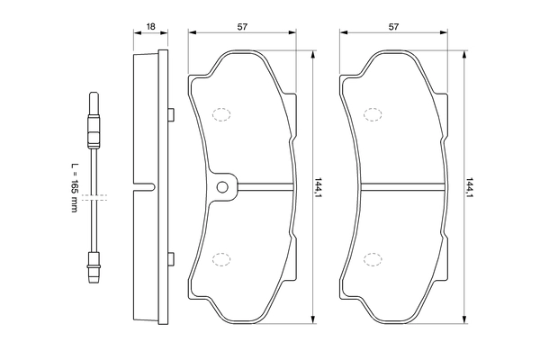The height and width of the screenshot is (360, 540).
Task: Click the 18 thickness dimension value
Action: pyautogui.click(x=150, y=26)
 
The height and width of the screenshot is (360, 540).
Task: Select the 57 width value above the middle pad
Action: pyautogui.click(x=242, y=26)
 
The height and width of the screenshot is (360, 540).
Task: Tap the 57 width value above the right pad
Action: pyautogui.click(x=393, y=26)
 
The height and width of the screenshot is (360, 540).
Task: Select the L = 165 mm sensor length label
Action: pyautogui.click(x=74, y=187)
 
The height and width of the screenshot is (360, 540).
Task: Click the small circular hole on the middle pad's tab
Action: pyautogui.click(x=222, y=187)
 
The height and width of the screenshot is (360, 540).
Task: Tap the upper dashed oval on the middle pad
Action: pyautogui.click(x=221, y=114)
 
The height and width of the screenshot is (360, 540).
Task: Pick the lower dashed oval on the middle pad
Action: pyautogui.click(x=221, y=259)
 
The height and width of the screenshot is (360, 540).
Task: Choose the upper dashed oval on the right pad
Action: pyautogui.click(x=373, y=114)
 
